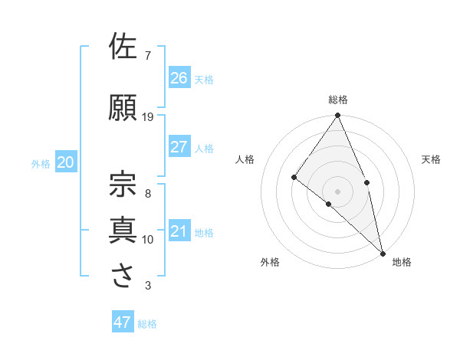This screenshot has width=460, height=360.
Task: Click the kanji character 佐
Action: (x=123, y=47)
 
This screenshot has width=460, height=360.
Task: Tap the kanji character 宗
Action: (x=123, y=184)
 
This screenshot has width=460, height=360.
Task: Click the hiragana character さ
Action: (x=123, y=275)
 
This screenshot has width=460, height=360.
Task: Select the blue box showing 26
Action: (x=179, y=77)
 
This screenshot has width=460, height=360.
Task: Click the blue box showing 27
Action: (x=179, y=147)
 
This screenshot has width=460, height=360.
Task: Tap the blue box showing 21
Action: (x=179, y=231)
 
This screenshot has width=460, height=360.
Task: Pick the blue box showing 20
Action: (x=66, y=162)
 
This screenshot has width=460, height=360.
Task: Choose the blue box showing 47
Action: (x=123, y=322)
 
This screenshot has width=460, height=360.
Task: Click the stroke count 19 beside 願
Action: (x=148, y=117)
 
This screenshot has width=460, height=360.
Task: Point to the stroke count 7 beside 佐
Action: (x=148, y=56)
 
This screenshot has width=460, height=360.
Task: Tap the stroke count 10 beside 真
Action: (x=148, y=240)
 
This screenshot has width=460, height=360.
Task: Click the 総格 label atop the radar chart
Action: (x=338, y=100)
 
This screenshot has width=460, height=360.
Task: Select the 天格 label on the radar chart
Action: (x=432, y=159)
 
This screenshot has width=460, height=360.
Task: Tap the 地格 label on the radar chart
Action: (x=402, y=263)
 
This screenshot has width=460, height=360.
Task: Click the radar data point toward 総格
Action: (x=338, y=116)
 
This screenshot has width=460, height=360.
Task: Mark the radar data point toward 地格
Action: (x=382, y=251)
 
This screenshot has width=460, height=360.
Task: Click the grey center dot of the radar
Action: (x=338, y=191)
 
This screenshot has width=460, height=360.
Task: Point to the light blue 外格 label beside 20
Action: (x=41, y=164)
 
